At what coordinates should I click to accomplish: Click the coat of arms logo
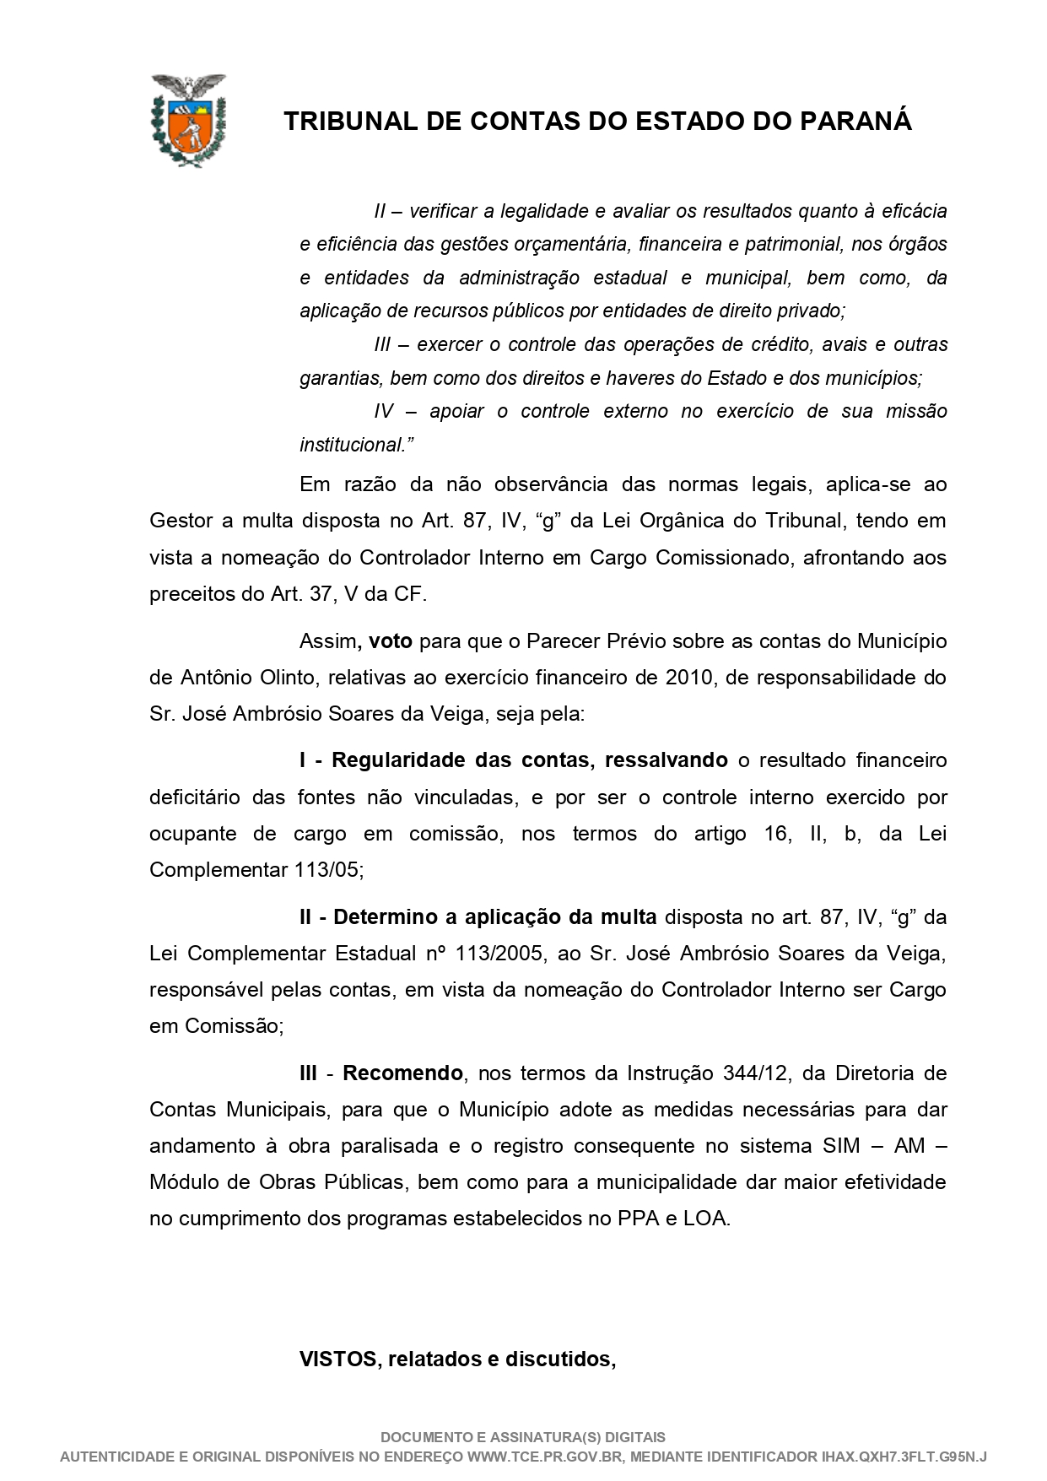(188, 120)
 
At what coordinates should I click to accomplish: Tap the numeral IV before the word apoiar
(384, 412)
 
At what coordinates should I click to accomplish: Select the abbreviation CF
(408, 594)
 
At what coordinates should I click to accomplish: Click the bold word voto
(391, 641)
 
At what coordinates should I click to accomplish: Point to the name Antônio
(213, 678)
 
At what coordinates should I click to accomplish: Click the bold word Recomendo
(402, 1074)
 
